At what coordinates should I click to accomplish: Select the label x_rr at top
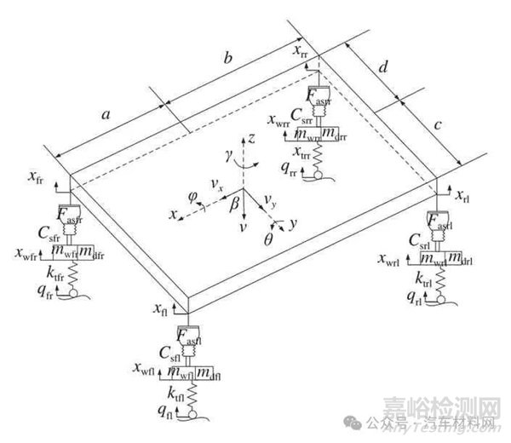(303, 54)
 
